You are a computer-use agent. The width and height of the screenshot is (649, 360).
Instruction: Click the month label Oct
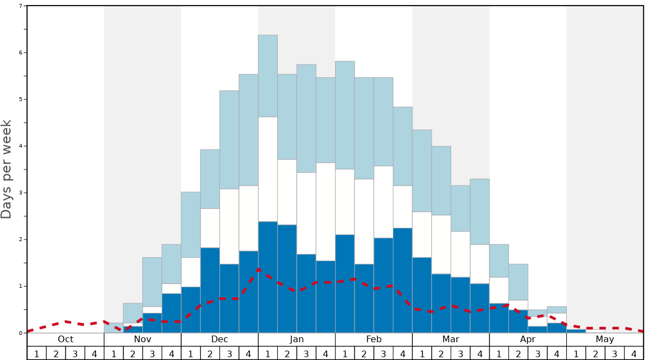(x=66, y=339)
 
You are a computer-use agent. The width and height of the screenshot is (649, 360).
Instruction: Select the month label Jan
(x=297, y=339)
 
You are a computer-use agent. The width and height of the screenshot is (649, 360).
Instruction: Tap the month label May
(x=605, y=339)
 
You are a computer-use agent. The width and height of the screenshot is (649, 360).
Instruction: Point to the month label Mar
(x=451, y=339)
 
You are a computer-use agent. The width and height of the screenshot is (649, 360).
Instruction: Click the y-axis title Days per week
(x=7, y=169)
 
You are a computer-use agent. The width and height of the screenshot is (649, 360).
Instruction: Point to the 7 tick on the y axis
(x=21, y=6)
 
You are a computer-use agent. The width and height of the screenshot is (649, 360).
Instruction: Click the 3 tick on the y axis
(x=21, y=193)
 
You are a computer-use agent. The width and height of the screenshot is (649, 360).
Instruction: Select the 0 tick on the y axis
(x=21, y=333)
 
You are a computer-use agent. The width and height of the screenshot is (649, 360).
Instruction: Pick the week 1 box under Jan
(x=268, y=353)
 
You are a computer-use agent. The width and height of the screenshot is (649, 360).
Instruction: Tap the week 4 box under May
(x=634, y=353)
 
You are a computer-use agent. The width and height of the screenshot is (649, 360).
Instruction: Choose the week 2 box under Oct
(x=56, y=353)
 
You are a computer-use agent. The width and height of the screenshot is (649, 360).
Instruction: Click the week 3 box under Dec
(x=229, y=353)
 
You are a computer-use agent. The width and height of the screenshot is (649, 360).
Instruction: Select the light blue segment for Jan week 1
(x=268, y=76)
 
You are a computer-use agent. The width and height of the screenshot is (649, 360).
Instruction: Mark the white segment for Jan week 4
(x=326, y=212)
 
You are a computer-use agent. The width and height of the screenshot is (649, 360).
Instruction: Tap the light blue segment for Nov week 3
(x=152, y=282)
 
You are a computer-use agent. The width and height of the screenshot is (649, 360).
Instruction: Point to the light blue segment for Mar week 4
(x=480, y=212)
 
